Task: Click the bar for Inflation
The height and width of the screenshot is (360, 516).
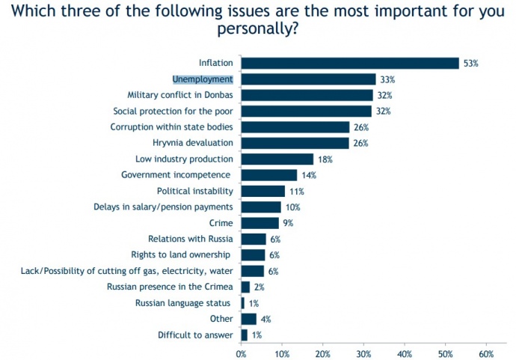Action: click(349, 63)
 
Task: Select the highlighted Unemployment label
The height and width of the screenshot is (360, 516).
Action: click(203, 79)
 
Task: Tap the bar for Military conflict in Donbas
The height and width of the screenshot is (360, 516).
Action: click(307, 95)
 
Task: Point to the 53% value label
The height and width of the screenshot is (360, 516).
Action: click(470, 64)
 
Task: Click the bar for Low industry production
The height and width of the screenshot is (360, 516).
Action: click(277, 159)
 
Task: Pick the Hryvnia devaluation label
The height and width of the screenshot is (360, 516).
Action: click(193, 143)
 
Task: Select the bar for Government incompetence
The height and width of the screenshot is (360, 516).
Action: click(268, 175)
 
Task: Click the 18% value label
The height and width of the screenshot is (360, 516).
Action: click(324, 159)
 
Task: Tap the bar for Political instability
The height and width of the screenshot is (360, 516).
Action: click(262, 191)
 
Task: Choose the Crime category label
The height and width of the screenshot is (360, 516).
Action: click(221, 223)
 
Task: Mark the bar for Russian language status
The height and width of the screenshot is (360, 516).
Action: click(242, 302)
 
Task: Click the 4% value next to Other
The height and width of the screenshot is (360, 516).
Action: click(266, 319)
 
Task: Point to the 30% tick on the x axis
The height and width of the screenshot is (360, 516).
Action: click(363, 351)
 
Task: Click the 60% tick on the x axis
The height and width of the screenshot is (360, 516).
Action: click(486, 351)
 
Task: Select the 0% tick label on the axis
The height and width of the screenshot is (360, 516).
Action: click(242, 351)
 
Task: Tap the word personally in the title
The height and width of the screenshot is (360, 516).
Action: click(254, 29)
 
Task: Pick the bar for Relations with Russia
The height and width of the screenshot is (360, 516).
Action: click(253, 239)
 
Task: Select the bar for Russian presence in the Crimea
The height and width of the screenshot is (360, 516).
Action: click(245, 287)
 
